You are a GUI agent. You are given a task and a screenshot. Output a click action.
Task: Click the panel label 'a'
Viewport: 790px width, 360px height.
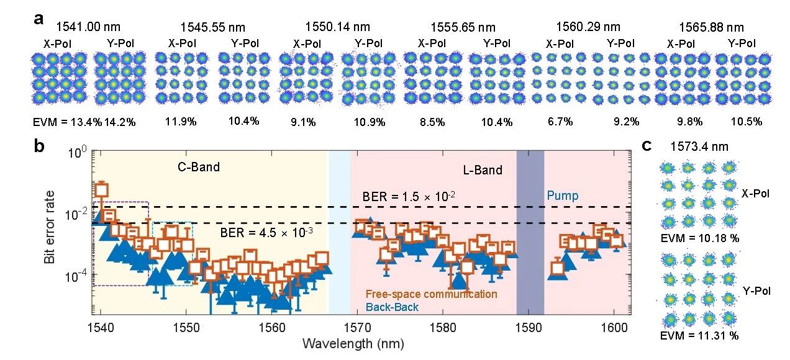(x=39, y=18)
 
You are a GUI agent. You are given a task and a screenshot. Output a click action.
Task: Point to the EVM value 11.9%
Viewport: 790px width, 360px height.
(x=178, y=122)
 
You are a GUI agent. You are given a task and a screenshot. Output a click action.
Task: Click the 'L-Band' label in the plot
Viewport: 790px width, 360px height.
(x=483, y=169)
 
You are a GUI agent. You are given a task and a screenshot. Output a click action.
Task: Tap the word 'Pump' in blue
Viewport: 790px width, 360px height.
(x=563, y=196)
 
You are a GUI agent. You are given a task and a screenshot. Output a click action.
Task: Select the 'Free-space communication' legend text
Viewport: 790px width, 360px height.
(x=431, y=294)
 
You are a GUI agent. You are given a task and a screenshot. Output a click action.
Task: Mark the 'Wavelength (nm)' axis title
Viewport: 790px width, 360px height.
(x=355, y=343)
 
